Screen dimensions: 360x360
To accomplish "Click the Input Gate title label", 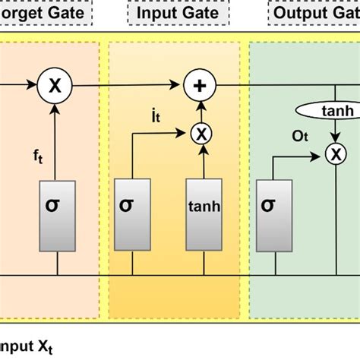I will (x=174, y=13).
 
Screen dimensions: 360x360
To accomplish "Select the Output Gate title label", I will (x=315, y=13).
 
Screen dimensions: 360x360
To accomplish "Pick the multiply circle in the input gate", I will (x=201, y=134).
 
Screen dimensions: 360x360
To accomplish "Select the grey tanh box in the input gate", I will (x=204, y=206).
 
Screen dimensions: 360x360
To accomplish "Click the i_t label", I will (x=155, y=118).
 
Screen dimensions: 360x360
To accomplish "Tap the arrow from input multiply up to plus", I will (x=201, y=111).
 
